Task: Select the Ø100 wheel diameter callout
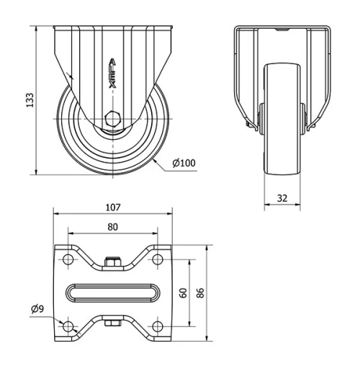pos(184,163)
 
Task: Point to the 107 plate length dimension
pos(112,207)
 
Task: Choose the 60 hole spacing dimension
pos(184,293)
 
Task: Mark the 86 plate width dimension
pos(202,293)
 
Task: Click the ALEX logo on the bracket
pos(112,73)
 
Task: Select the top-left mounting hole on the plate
pos(68,259)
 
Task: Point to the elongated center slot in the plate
pos(112,293)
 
